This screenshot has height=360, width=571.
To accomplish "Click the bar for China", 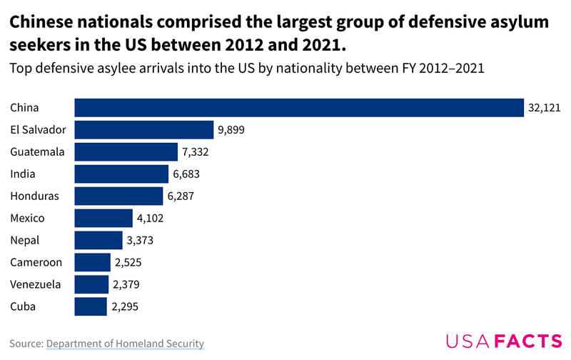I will (298, 108).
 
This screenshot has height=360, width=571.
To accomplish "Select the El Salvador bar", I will (143, 130).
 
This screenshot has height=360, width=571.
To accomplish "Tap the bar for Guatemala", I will (126, 152).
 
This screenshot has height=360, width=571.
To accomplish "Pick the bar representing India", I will (121, 174).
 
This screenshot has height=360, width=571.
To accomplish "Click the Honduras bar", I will (118, 196).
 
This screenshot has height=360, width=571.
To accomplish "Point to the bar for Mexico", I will (103, 219).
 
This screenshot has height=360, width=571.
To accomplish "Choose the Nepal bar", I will (98, 241).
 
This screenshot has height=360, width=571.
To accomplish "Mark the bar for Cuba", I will (91, 306).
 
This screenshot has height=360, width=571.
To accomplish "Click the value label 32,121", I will (544, 108).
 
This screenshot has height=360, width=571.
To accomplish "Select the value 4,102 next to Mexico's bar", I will (151, 219).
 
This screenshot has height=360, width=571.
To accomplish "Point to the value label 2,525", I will (128, 263).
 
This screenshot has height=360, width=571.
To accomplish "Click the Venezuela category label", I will (36, 284).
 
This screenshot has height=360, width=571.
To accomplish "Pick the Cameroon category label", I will (36, 263).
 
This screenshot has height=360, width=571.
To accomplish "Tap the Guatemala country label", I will (37, 152).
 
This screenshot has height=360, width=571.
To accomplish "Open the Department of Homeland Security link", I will (125, 344).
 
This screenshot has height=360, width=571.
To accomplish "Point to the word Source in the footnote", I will (26, 344).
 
